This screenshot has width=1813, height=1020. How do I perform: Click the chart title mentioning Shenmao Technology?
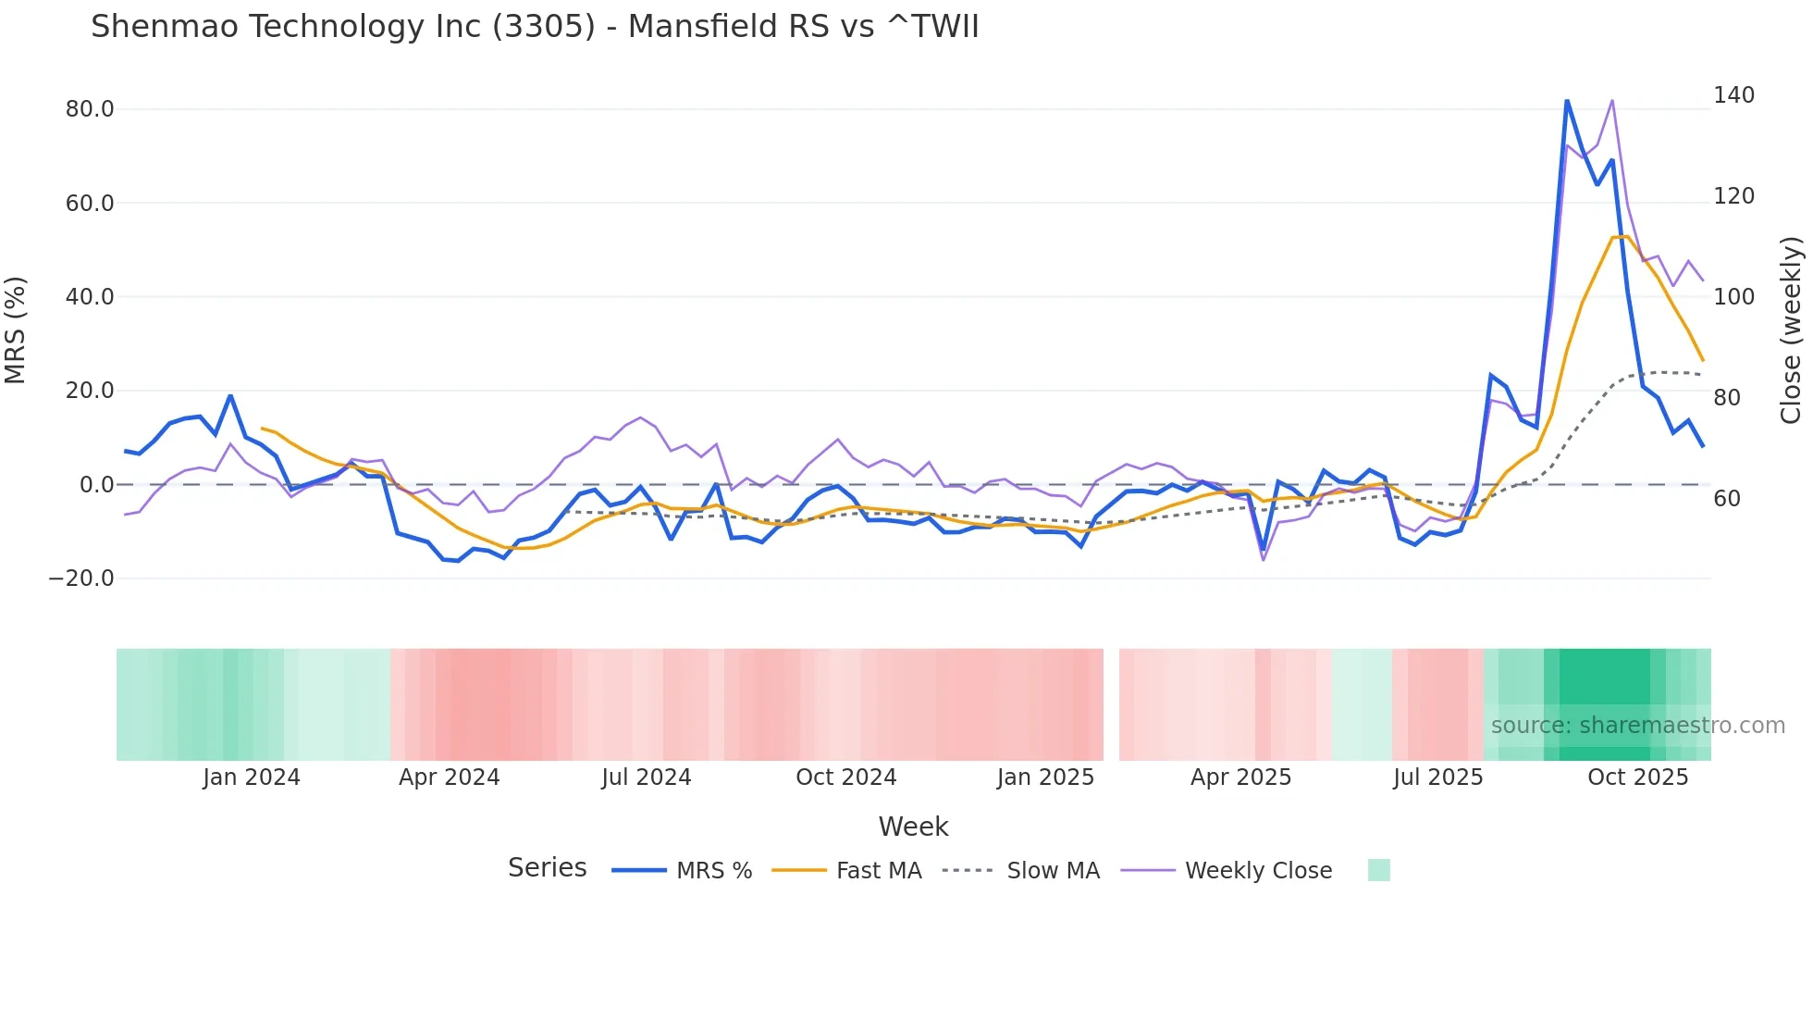pos(535,27)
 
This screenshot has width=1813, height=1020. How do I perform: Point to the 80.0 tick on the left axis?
pos(90,109)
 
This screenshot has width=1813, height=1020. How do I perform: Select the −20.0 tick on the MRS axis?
pos(81,578)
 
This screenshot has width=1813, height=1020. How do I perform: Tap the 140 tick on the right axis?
pos(1733,95)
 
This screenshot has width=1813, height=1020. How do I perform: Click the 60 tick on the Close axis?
pos(1726,499)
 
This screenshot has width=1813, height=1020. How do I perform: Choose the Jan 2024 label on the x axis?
pos(252,777)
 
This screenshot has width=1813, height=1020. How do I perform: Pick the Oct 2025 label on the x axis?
pos(1637,777)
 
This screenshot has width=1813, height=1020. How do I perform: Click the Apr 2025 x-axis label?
pos(1240,777)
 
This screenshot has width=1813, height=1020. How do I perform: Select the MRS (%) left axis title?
pos(16,330)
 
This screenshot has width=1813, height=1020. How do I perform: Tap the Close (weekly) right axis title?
pos(1791,330)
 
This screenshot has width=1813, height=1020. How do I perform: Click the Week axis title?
pos(913,827)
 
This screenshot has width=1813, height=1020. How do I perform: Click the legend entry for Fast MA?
pos(878,871)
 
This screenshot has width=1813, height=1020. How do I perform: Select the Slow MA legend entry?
pos(1053,871)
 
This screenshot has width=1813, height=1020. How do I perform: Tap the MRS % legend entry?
pos(713,871)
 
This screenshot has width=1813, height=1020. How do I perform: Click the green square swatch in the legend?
pos(1378,870)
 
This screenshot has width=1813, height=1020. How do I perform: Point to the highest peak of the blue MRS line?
pos(1566,100)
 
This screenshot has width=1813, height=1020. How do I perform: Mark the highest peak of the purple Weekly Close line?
pos(1612,100)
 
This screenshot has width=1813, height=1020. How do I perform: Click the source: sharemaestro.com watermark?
pos(1637,726)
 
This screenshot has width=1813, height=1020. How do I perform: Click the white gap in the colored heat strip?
pos(1111,704)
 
